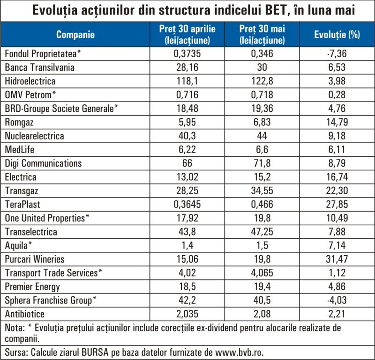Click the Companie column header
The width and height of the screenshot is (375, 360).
(75, 34)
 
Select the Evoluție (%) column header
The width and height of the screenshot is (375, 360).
(337, 34)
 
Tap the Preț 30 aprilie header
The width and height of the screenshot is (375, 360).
(187, 34)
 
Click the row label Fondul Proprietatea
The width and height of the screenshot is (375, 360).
(43, 53)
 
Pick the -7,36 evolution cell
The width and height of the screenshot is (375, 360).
(337, 53)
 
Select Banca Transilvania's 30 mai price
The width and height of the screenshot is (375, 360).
(262, 67)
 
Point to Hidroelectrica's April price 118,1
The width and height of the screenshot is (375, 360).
(187, 81)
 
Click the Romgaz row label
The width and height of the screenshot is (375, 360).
(19, 122)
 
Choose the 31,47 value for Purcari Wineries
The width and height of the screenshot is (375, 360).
(337, 259)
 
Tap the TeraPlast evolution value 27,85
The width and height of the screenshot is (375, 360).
(337, 204)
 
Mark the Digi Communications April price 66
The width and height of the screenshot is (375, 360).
(187, 163)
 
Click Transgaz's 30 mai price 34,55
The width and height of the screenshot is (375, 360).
(262, 191)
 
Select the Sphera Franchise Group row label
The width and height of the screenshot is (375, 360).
(51, 301)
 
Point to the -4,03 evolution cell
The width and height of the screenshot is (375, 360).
(337, 300)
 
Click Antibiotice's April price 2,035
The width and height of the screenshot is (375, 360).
(187, 314)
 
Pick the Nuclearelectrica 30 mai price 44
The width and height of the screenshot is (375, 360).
(262, 136)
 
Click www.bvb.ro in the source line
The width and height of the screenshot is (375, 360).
(240, 352)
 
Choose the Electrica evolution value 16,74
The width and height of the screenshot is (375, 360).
(337, 177)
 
